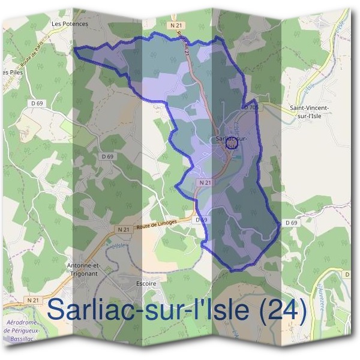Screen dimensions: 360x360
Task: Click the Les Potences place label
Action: [x=70, y=24]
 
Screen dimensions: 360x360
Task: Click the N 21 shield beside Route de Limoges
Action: [x=124, y=229]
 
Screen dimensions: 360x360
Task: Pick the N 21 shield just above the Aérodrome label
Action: [x=34, y=299]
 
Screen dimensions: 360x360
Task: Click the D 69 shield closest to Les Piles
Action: [x=37, y=104]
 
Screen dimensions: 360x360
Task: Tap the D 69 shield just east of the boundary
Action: [x=291, y=223]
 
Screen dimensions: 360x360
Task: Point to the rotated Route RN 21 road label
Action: [x=183, y=46]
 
